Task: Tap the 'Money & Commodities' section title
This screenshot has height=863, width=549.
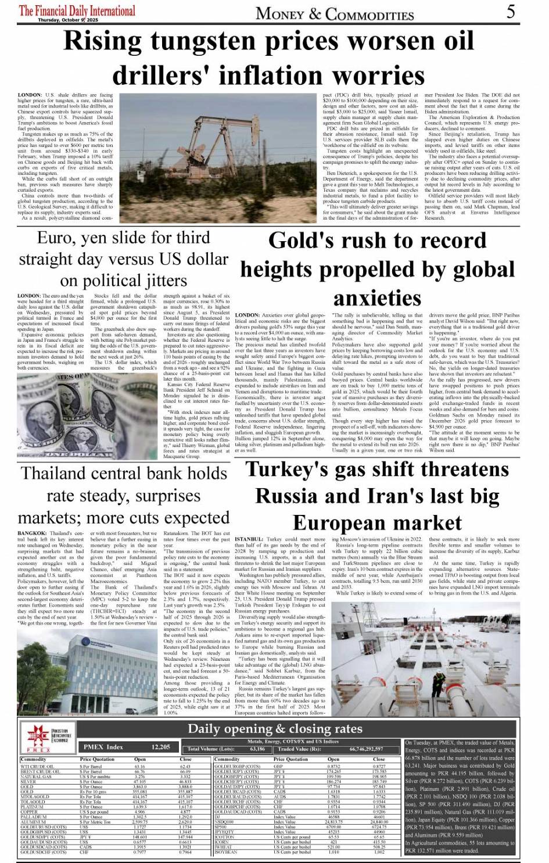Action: (x=335, y=13)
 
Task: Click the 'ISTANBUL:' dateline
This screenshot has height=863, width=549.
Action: (x=249, y=539)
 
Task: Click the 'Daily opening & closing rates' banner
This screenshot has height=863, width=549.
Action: (x=275, y=729)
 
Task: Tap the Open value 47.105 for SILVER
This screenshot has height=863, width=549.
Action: (x=139, y=782)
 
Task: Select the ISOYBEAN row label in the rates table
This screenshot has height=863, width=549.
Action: (x=226, y=852)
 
